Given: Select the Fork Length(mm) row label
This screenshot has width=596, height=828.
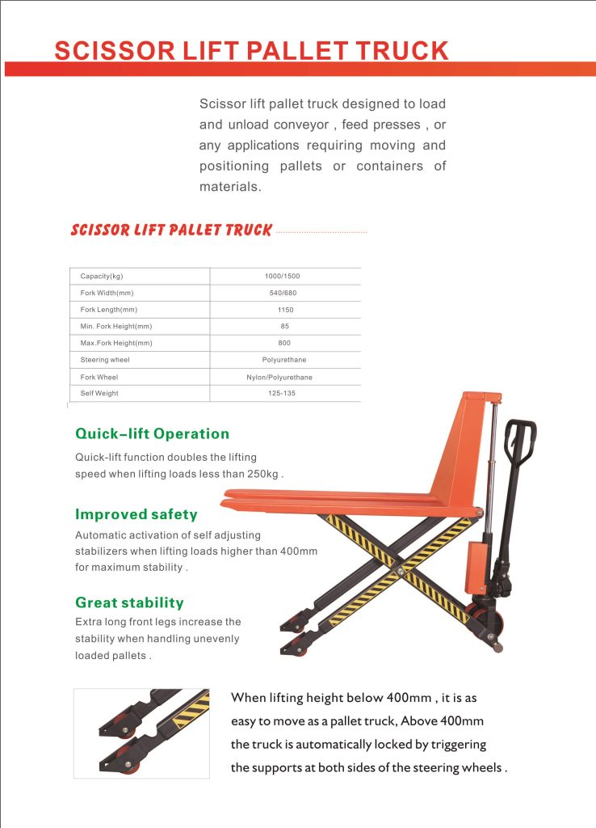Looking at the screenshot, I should pyautogui.click(x=108, y=310).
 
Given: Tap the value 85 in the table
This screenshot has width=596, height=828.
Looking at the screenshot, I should pyautogui.click(x=284, y=327).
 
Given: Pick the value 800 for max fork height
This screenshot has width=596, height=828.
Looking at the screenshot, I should pyautogui.click(x=284, y=343).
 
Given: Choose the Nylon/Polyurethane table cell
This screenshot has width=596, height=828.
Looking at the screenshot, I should pyautogui.click(x=279, y=377).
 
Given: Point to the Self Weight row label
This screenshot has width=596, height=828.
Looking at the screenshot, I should pyautogui.click(x=99, y=394).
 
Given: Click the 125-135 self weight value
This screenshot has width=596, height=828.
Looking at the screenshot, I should pyautogui.click(x=282, y=394).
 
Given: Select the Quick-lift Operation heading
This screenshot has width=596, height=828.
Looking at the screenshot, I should pyautogui.click(x=152, y=433).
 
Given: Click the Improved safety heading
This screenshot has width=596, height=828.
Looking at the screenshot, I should pyautogui.click(x=136, y=514).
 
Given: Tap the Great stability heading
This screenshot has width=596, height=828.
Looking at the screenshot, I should pyautogui.click(x=129, y=602).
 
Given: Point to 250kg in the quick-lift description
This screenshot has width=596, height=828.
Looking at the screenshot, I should pyautogui.click(x=262, y=474).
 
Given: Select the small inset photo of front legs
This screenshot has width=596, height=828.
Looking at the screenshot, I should pyautogui.click(x=141, y=733).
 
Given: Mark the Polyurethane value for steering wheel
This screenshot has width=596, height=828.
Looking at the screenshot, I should pyautogui.click(x=284, y=360).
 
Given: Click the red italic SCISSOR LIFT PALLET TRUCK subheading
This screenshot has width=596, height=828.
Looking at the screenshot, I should pyautogui.click(x=171, y=230).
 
